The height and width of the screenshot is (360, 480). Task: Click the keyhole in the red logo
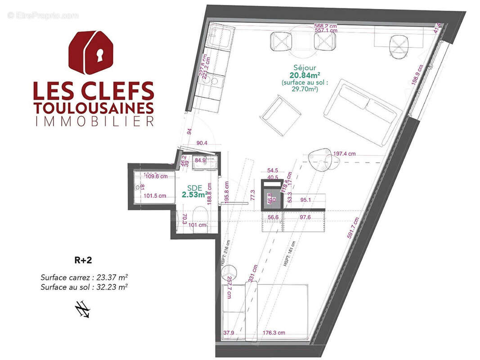[x=99, y=54]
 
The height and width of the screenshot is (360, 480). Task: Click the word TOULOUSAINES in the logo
[x=94, y=108]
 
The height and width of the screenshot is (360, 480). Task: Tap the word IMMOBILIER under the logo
[x=94, y=121]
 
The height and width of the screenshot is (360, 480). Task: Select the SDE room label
[x=194, y=188]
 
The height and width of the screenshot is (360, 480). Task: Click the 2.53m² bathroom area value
[x=195, y=195]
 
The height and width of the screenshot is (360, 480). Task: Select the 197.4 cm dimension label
[x=344, y=154]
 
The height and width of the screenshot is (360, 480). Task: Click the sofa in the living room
[x=362, y=112]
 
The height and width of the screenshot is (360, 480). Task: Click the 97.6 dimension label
[x=304, y=217]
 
